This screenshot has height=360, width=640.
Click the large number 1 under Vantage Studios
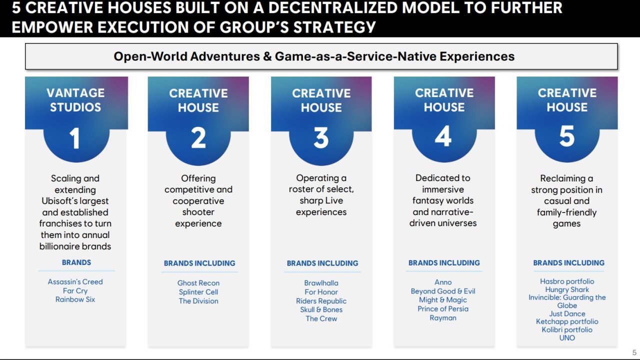pyautogui.click(x=75, y=138)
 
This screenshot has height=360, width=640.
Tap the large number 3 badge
pyautogui.click(x=321, y=137)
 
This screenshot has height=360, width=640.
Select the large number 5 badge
pyautogui.click(x=567, y=136)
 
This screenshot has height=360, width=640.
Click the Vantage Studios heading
pyautogui.click(x=75, y=100)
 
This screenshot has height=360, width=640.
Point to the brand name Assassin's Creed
pyautogui.click(x=75, y=281)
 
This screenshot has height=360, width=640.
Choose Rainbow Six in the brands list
pyautogui.click(x=75, y=299)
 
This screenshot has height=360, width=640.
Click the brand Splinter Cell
pyautogui.click(x=198, y=292)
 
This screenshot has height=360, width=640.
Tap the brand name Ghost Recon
pyautogui.click(x=198, y=283)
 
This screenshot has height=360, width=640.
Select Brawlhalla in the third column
pyautogui.click(x=321, y=283)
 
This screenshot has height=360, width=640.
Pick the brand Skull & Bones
pyautogui.click(x=321, y=309)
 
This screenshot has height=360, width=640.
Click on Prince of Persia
pyautogui.click(x=443, y=309)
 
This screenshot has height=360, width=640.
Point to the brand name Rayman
pyautogui.click(x=443, y=318)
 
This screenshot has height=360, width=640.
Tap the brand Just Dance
pyautogui.click(x=567, y=313)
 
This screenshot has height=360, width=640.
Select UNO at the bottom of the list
pyautogui.click(x=567, y=337)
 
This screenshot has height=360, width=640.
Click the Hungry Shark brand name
pyautogui.click(x=567, y=289)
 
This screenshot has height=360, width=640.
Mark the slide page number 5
pyautogui.click(x=634, y=352)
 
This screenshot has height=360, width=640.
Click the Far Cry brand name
pyautogui.click(x=75, y=291)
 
